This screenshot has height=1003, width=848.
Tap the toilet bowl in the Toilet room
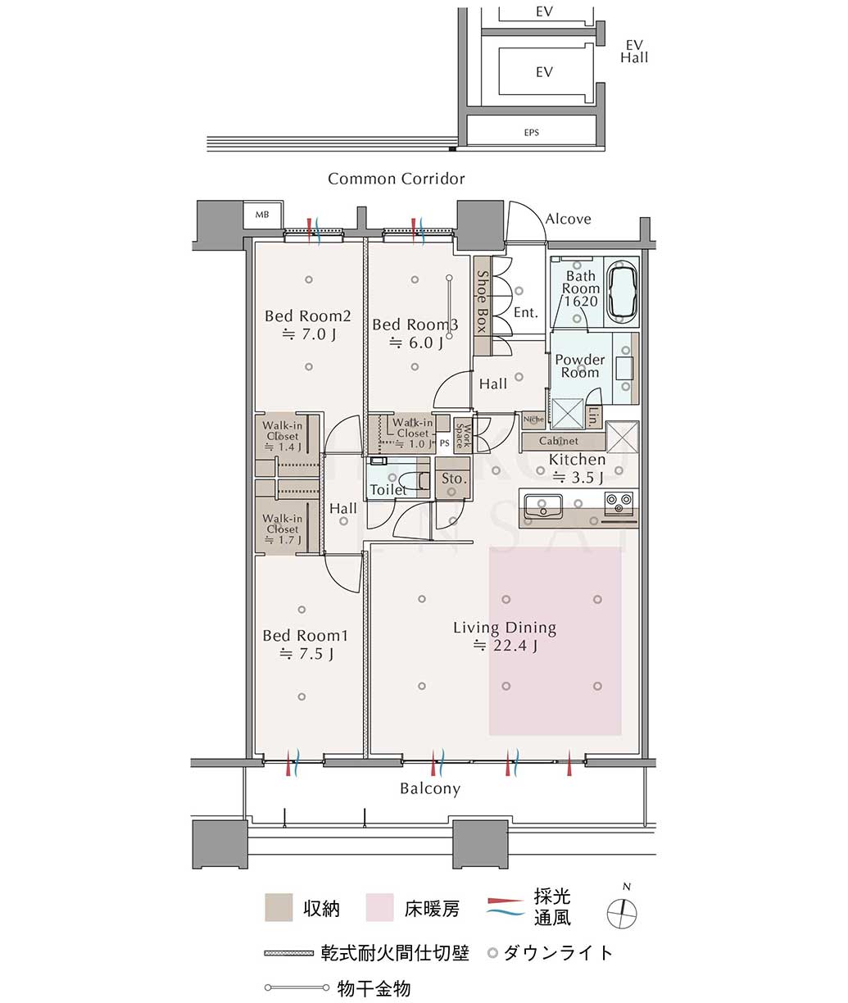[x=417, y=480]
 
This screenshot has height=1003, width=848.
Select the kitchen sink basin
[x=543, y=506]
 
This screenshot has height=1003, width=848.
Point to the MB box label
[x=262, y=215]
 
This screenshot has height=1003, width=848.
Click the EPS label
[x=531, y=133]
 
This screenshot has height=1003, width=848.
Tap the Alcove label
[x=568, y=219]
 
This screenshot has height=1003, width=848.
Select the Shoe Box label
[x=482, y=302]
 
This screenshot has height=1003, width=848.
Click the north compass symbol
[x=622, y=913]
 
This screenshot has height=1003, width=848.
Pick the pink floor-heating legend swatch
[x=379, y=907]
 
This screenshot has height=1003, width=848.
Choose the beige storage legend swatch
[x=279, y=907]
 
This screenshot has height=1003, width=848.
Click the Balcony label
[x=430, y=788]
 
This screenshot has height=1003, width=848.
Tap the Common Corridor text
[x=397, y=179]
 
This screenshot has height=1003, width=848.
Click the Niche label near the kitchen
[x=533, y=419]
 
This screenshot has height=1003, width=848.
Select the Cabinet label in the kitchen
[x=559, y=441]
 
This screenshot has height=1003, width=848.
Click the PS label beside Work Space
[x=444, y=443]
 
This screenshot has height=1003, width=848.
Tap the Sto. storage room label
[x=454, y=479]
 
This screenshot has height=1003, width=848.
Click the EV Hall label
[x=634, y=52]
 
